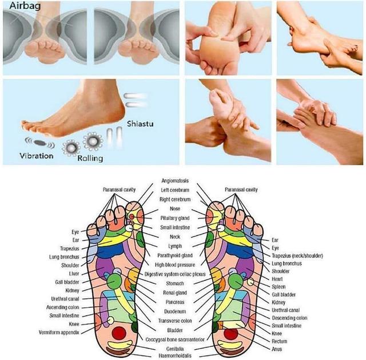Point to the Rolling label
(90, 158)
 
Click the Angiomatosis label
(176, 181)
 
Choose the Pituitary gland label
(176, 218)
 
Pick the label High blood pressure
(176, 265)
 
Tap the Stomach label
(176, 283)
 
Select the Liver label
(74, 274)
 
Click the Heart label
(278, 279)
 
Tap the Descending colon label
(289, 318)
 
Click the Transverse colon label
(176, 320)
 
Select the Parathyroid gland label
(176, 255)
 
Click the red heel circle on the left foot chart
(120, 333)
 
